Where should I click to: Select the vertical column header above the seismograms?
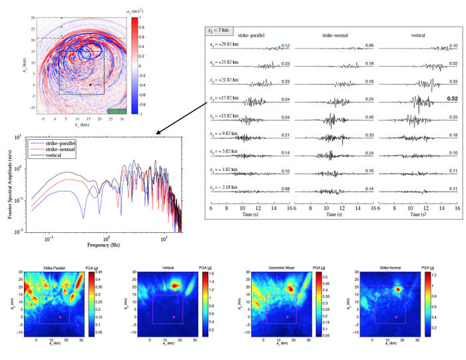417,35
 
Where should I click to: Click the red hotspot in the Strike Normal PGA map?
399,289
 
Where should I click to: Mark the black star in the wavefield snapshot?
91,85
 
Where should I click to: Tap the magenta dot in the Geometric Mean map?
288,317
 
